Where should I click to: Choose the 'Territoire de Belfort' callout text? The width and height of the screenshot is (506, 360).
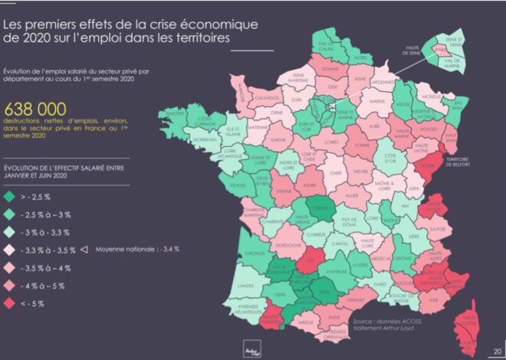477,159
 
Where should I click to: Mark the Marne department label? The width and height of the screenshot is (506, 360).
376,100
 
